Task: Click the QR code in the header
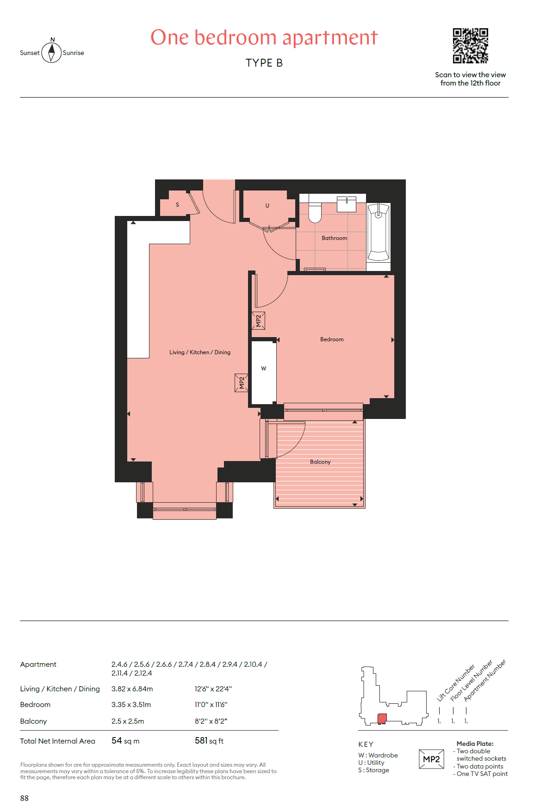(470, 46)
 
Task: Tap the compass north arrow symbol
(51, 52)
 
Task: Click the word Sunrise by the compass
(74, 53)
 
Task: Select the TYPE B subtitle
(264, 63)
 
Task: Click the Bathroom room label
(334, 238)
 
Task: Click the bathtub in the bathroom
(379, 232)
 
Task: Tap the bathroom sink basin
(347, 204)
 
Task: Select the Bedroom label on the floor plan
(332, 339)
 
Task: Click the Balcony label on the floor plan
(320, 462)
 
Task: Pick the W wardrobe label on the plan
(264, 369)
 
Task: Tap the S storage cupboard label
(177, 204)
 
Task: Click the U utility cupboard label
(267, 206)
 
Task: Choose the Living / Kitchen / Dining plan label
(200, 352)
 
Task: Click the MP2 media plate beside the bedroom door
(258, 320)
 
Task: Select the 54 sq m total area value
(125, 741)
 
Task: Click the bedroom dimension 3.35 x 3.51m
(131, 705)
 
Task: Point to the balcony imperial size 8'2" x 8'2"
(211, 721)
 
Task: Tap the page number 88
(25, 798)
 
